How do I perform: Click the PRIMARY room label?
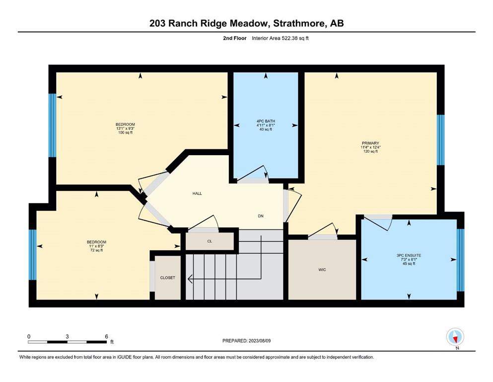(370, 143)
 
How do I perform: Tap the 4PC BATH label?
(266, 121)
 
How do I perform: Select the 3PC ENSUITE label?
(409, 255)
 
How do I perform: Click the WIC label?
(322, 270)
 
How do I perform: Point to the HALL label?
(197, 193)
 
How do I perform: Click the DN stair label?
(261, 216)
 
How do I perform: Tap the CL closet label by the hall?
(210, 241)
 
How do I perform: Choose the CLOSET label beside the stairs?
(168, 278)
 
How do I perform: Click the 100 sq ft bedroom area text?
(125, 133)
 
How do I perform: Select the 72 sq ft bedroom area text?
(96, 250)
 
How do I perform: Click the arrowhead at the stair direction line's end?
(190, 279)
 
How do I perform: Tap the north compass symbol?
(455, 337)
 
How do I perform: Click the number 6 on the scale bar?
(107, 336)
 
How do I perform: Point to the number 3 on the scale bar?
(68, 336)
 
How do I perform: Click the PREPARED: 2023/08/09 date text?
(246, 341)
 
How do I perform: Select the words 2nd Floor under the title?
(235, 38)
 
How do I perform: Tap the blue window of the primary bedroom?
(441, 140)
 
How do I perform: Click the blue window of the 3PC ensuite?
(460, 260)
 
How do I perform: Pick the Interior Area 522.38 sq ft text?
(280, 38)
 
